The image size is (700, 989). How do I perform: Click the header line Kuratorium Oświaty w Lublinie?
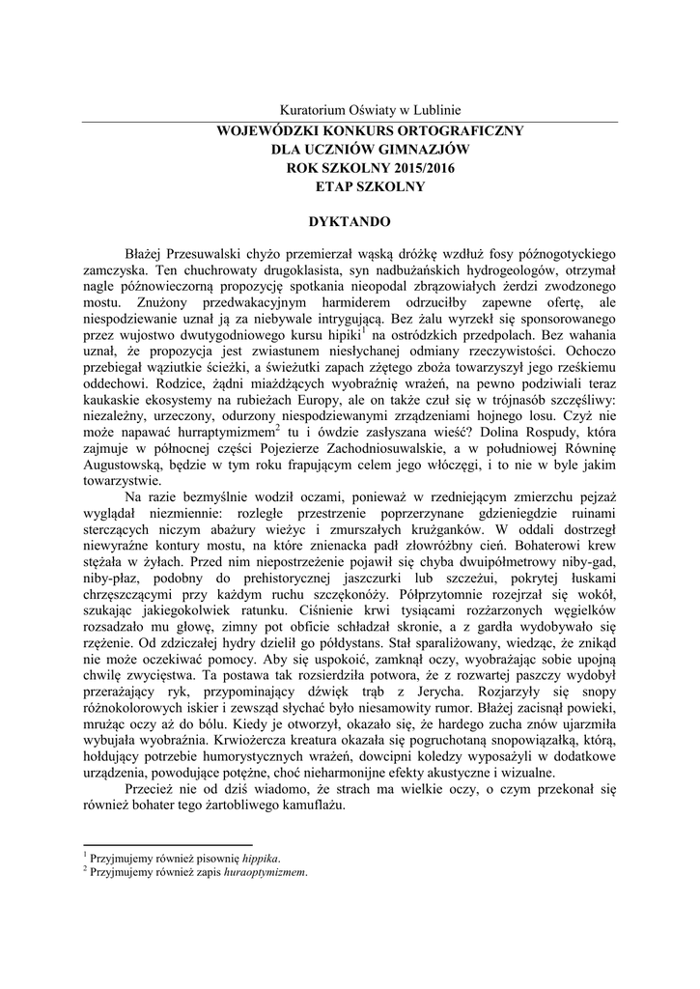371,111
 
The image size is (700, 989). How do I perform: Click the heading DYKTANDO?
350,222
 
